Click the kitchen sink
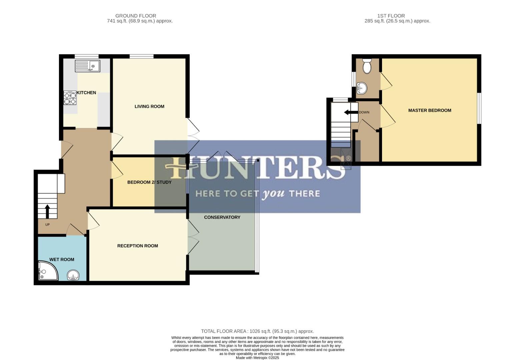tap(87, 66)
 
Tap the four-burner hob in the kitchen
tap(70, 98)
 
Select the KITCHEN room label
tap(86, 93)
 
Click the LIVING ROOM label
tap(149, 106)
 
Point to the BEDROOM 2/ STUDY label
tap(149, 182)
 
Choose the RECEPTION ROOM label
tap(137, 246)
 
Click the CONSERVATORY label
tap(222, 217)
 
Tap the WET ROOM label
tap(62, 259)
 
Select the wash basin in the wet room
tap(73, 276)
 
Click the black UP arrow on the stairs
tap(47, 211)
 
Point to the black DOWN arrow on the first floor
tap(351, 112)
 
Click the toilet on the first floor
tap(367, 66)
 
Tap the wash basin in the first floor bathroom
tap(361, 88)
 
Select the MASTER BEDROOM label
tap(429, 110)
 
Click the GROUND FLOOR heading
tap(136, 16)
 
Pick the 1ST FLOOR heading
tap(391, 16)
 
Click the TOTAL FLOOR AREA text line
tap(257, 331)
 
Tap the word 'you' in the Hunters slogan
tap(273, 194)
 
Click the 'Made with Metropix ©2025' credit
tap(257, 358)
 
